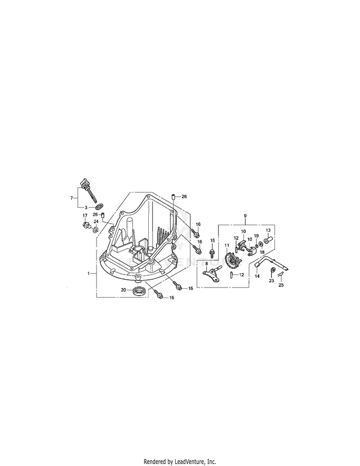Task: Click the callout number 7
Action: click(72, 198)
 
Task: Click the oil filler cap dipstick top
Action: click(85, 182)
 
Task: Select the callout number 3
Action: click(85, 207)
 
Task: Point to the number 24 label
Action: click(96, 221)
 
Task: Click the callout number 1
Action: click(88, 273)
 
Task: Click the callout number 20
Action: click(123, 290)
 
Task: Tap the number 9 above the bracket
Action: click(245, 215)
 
